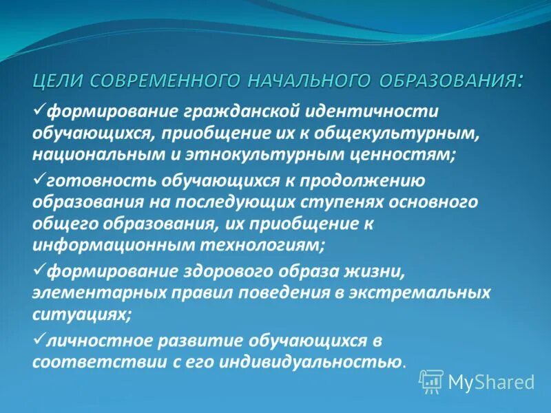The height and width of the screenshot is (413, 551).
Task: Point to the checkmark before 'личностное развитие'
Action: (x=39, y=339)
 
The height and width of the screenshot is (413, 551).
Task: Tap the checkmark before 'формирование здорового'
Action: (x=39, y=269)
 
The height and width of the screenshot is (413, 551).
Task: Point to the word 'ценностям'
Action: (x=400, y=155)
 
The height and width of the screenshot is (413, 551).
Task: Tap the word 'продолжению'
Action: (x=366, y=181)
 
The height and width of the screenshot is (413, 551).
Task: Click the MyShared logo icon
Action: (x=431, y=381)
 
